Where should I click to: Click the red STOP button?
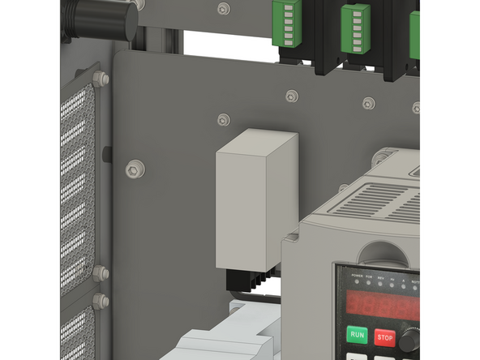click(x=384, y=336)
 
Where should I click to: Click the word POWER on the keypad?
click(x=357, y=276)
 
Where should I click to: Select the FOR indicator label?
click(x=370, y=276)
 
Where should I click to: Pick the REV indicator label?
click(x=381, y=276)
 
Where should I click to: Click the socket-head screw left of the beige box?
click(x=133, y=169)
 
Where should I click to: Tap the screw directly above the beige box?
click(x=224, y=120)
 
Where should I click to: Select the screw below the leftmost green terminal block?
click(x=292, y=96)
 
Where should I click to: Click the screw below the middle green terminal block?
click(x=368, y=103)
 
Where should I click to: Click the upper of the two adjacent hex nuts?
click(x=100, y=273)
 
